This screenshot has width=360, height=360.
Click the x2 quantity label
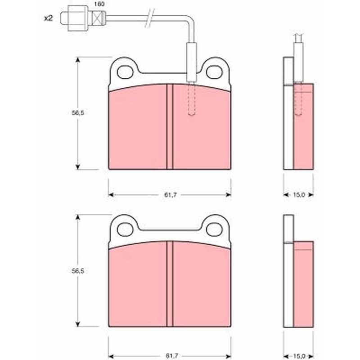[x=49, y=18]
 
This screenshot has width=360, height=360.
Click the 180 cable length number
[x=99, y=4]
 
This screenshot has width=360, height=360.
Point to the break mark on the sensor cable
[x=150, y=18]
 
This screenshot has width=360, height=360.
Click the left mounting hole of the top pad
[x=125, y=72]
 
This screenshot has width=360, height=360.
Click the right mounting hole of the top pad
[x=215, y=72]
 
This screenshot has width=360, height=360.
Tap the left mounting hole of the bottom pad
[x=125, y=229]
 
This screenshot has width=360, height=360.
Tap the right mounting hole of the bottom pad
[x=215, y=229]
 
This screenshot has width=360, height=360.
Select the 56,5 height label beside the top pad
[x=78, y=113]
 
